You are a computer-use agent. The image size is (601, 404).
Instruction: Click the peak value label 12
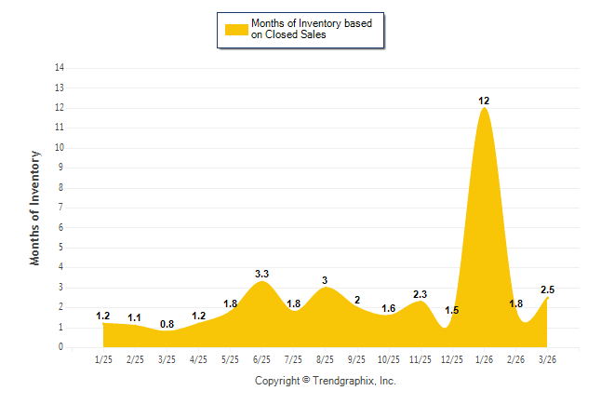484,100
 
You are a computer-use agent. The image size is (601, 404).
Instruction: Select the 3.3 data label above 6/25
261,274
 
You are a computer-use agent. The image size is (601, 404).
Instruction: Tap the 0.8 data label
167,324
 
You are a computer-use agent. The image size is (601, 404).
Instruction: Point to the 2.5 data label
547,290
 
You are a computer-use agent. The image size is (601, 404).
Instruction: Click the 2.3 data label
420,294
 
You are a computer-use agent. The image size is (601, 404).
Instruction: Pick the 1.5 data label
452,310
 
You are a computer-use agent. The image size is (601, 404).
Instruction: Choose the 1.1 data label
135,317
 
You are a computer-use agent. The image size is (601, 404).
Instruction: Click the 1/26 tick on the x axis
484,358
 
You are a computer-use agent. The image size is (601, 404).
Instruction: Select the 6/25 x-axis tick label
261,358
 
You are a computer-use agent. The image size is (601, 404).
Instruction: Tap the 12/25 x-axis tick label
452,358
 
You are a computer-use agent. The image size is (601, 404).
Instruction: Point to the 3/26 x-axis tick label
547,358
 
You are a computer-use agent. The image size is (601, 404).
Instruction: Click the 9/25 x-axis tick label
356,358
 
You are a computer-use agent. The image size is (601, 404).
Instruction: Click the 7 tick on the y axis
61,208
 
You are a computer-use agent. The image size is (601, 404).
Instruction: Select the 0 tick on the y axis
61,347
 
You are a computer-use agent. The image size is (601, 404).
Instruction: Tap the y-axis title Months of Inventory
35,208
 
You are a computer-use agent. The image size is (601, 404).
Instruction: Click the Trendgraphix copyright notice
325,381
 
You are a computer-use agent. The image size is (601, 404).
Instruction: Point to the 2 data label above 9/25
356,301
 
